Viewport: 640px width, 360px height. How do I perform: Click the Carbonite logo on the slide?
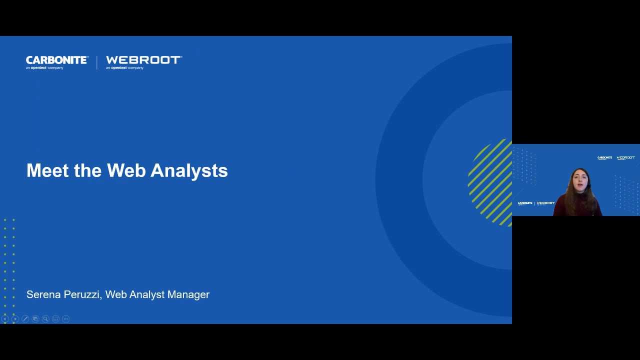click(x=57, y=62)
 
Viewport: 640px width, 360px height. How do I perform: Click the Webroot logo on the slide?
click(x=143, y=62)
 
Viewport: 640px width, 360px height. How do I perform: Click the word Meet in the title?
click(x=47, y=170)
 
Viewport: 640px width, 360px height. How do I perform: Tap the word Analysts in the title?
click(x=189, y=170)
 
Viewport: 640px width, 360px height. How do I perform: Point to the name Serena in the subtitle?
click(x=45, y=294)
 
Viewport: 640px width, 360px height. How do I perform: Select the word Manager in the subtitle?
click(x=188, y=294)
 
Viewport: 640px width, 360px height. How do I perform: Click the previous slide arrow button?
click(x=5, y=319)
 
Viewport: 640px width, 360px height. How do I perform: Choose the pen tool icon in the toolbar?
click(x=25, y=319)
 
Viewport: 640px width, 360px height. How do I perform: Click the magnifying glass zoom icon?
click(x=45, y=319)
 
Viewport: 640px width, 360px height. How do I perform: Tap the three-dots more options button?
click(x=65, y=319)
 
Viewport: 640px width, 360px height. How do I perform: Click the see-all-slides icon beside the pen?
click(x=35, y=319)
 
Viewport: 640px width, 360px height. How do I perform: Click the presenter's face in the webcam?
click(x=580, y=181)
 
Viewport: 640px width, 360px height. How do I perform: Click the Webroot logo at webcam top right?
click(x=625, y=157)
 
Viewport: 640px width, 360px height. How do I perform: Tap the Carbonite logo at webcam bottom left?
click(x=525, y=203)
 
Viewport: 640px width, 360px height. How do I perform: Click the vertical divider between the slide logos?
click(x=97, y=62)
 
